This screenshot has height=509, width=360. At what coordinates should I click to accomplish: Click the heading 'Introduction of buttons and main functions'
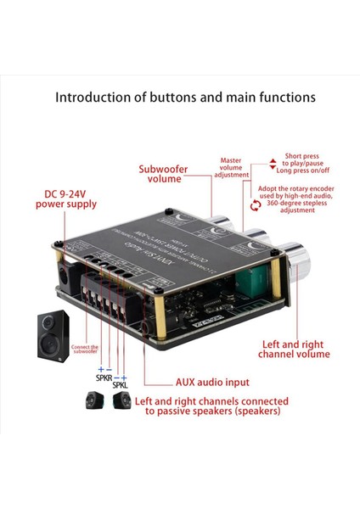coord(185,97)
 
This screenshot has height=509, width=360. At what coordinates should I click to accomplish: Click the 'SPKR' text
coord(104,376)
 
